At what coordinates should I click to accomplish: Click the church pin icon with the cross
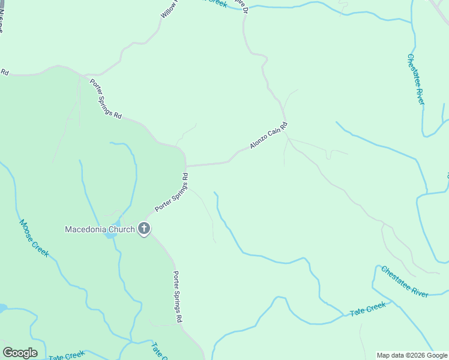[x=143, y=229]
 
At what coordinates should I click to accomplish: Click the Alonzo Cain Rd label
[x=269, y=136]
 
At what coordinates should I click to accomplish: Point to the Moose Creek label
[x=34, y=238]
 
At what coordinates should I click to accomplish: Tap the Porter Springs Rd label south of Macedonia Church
[x=177, y=298]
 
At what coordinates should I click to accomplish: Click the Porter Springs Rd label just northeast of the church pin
[x=172, y=192]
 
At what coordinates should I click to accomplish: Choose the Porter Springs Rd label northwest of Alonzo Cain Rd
[x=106, y=99]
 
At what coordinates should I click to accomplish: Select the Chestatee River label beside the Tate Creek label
[x=405, y=281]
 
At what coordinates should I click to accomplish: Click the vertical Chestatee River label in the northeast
[x=415, y=79]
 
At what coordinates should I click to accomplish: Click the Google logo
[x=20, y=352]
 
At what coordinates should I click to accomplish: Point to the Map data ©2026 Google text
[x=412, y=355]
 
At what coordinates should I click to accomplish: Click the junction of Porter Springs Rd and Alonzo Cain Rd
[x=186, y=166]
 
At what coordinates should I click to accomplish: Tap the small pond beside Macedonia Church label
[x=111, y=235]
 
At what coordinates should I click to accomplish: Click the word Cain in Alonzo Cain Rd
[x=274, y=133]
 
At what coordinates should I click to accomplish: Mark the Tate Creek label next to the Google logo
[x=67, y=356]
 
